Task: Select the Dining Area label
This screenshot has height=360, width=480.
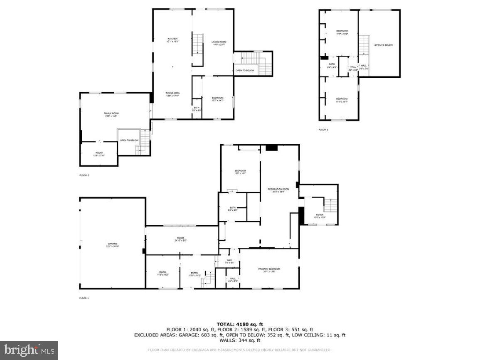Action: pyautogui.click(x=172, y=94)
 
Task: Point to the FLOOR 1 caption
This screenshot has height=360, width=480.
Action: pyautogui.click(x=84, y=298)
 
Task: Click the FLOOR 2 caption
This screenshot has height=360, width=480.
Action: pyautogui.click(x=84, y=175)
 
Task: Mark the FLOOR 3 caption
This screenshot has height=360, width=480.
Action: pyautogui.click(x=323, y=130)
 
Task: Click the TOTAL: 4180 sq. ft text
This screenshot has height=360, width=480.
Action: pyautogui.click(x=240, y=324)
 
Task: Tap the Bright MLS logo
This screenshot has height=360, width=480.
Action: pyautogui.click(x=29, y=350)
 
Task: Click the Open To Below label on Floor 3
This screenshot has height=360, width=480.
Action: pyautogui.click(x=383, y=45)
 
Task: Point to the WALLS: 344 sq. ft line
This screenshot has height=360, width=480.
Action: pyautogui.click(x=240, y=340)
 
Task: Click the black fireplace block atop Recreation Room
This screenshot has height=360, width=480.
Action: pyautogui.click(x=272, y=147)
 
